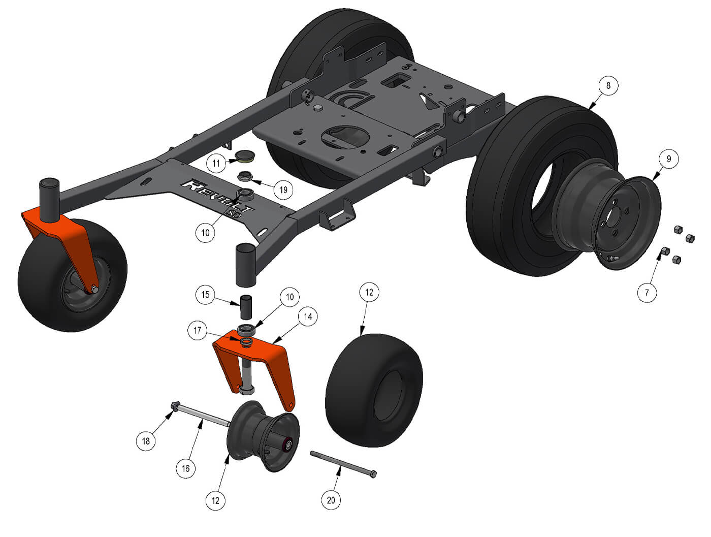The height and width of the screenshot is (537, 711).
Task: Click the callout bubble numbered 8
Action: point(608,85)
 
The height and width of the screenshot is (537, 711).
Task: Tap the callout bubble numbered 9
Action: point(669,159)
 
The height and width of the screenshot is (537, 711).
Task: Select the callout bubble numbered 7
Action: point(647,293)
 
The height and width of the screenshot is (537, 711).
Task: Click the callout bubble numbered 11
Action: point(216,163)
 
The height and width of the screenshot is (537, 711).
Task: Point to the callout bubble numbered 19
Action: point(283,189)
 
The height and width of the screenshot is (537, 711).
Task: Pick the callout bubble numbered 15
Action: point(205,295)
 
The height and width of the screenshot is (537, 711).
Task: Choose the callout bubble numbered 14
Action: point(308,317)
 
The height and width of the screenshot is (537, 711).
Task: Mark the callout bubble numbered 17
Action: point(197,331)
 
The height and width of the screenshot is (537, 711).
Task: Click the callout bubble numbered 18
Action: point(146,441)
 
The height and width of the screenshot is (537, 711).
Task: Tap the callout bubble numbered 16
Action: point(186,468)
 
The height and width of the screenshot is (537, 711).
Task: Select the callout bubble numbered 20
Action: point(331,500)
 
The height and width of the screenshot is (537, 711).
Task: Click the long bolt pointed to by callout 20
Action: point(343,463)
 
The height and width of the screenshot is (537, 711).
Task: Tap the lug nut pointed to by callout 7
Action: point(664,251)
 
